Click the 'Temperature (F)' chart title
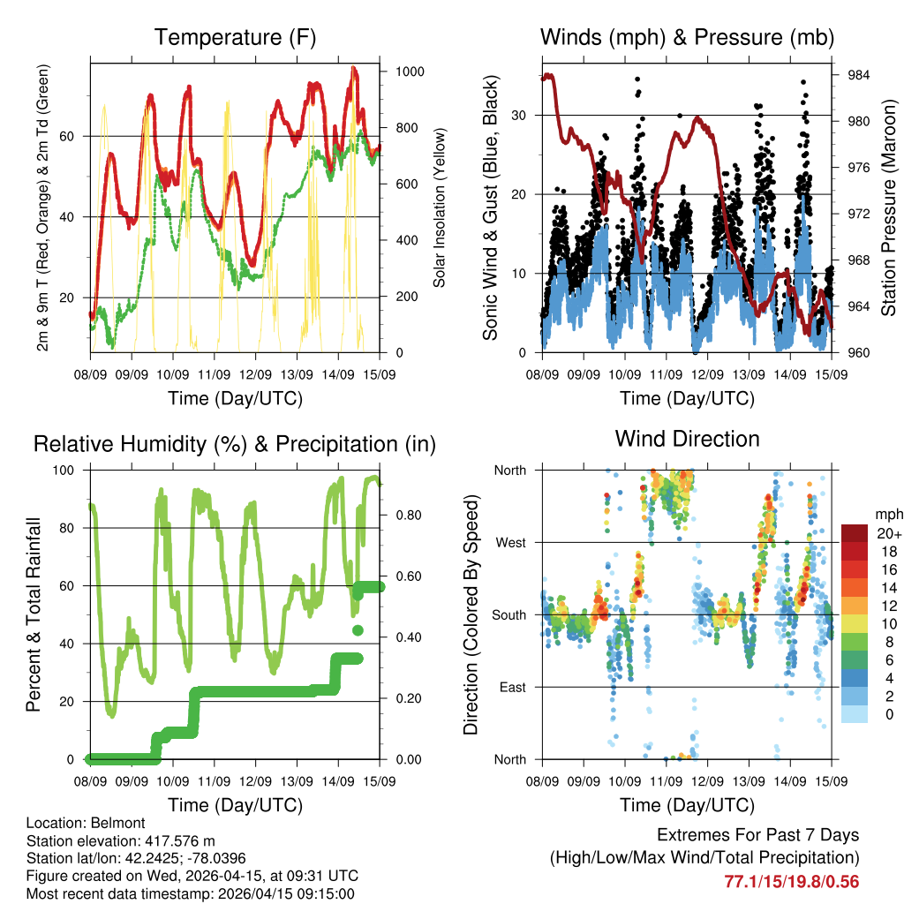point(235,38)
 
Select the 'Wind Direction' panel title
point(687,439)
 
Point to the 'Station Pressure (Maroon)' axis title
point(889,207)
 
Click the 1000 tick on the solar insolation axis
point(403,72)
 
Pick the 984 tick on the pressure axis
point(858,76)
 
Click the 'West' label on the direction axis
point(510,542)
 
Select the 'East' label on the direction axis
point(512,687)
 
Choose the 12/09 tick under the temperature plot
point(255,374)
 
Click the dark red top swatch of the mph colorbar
point(854,533)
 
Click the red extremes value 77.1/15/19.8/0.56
point(791,881)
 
